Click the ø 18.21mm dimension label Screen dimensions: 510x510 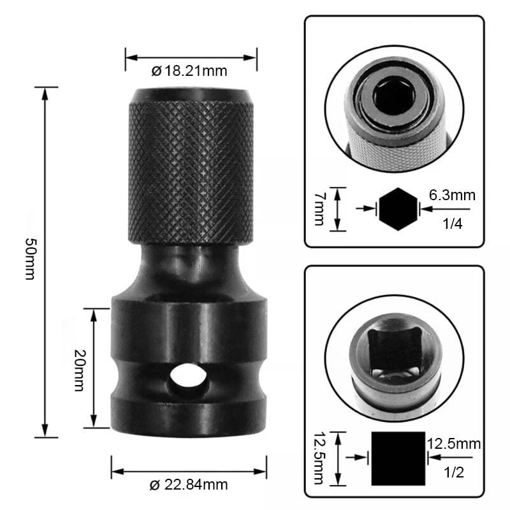(189, 71)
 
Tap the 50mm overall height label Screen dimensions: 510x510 (29, 262)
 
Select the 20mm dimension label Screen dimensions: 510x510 (80, 368)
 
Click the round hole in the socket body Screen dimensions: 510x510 (188, 377)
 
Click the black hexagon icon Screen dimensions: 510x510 (398, 208)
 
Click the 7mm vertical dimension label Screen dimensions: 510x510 (319, 209)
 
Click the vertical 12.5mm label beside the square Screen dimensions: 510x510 (319, 457)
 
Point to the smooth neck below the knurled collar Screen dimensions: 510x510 (189, 268)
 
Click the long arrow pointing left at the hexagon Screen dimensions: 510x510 (446, 208)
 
